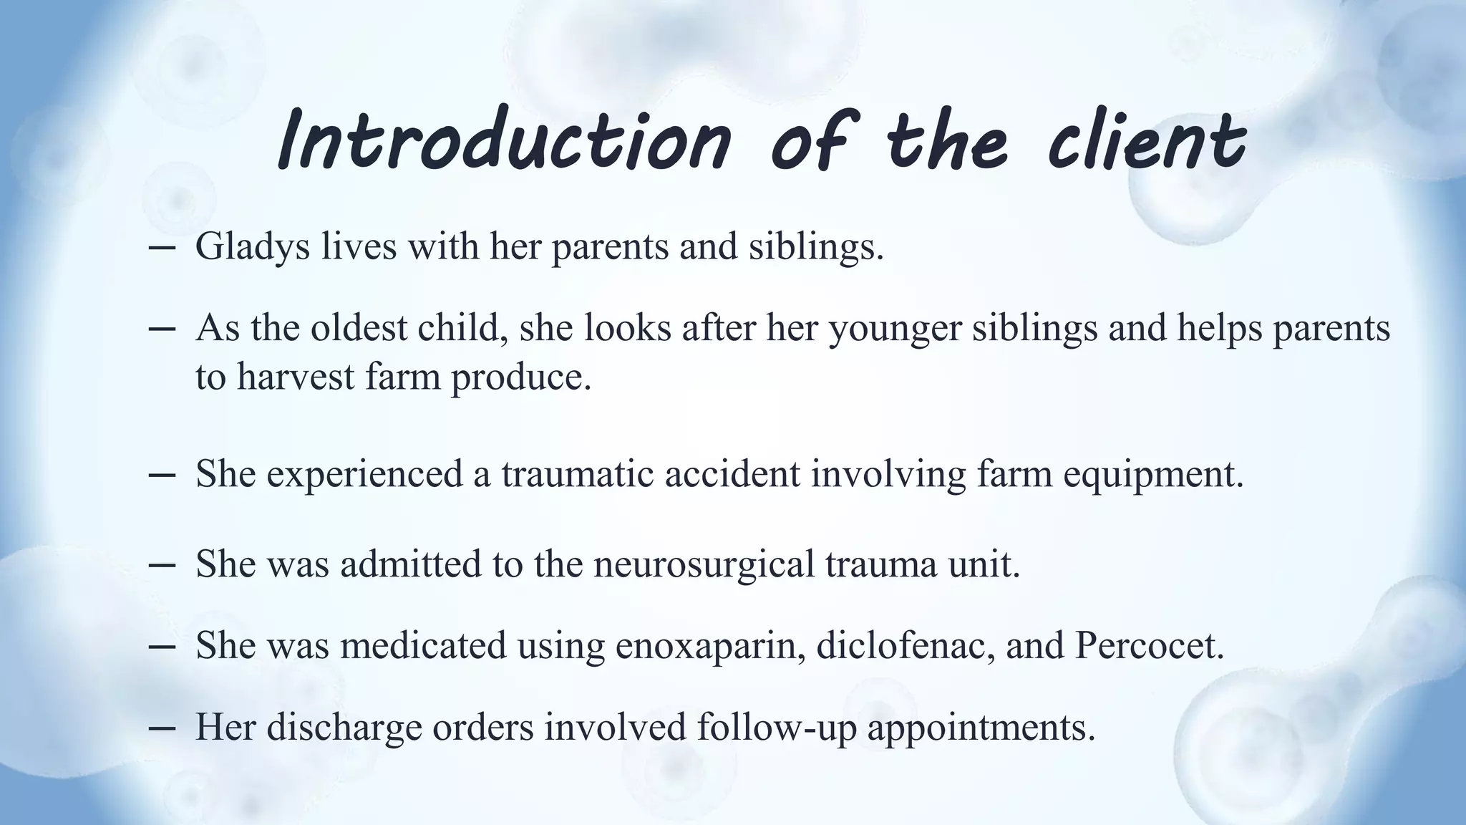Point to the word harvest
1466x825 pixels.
[296, 376]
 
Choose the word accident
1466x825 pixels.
[732, 473]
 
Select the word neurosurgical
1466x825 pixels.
[704, 564]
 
